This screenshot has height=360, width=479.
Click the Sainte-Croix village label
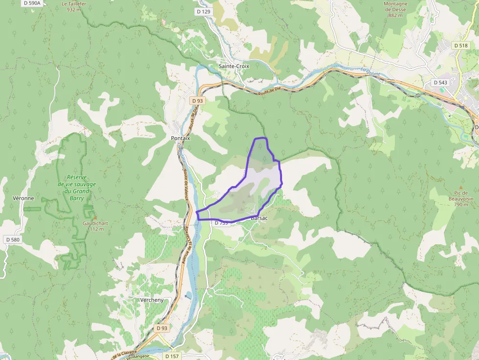(234, 66)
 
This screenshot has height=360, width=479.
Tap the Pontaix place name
(180, 138)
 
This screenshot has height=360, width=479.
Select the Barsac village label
(259, 218)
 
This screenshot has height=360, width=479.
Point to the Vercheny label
(152, 300)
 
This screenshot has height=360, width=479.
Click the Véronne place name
(23, 198)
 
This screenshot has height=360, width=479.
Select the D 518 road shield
(460, 45)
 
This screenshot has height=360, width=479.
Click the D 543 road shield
(441, 83)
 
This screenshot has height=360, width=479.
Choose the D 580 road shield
(13, 240)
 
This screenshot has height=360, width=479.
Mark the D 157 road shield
(172, 356)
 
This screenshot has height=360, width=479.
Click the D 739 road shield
(221, 223)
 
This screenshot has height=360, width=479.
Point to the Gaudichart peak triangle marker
(95, 217)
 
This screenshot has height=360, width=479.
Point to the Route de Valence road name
(185, 185)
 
